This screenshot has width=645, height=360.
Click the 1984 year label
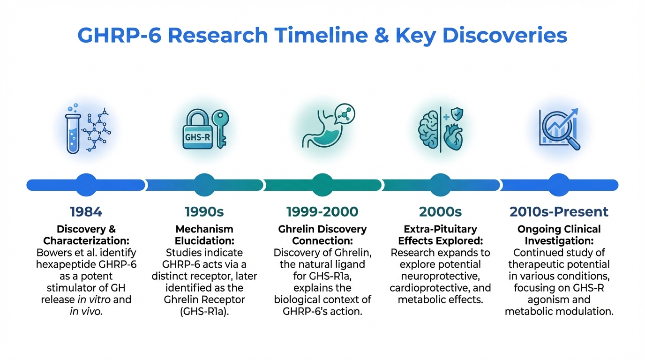[86, 212]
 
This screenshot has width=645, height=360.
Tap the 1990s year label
[204, 212]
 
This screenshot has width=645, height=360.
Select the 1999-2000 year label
[322, 212]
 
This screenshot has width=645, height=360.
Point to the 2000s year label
[440, 212]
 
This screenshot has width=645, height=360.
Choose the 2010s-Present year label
[559, 212]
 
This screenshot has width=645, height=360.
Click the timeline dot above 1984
[86, 185]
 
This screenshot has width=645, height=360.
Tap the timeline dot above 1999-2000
[322, 185]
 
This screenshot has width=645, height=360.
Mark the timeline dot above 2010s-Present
[559, 185]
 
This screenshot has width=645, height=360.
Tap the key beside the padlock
[221, 129]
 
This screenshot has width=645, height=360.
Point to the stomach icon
[322, 131]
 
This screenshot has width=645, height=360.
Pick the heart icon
[453, 137]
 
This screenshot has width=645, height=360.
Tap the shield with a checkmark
[457, 114]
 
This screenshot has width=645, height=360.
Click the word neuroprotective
[440, 276]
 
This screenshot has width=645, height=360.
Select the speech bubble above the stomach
[345, 114]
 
